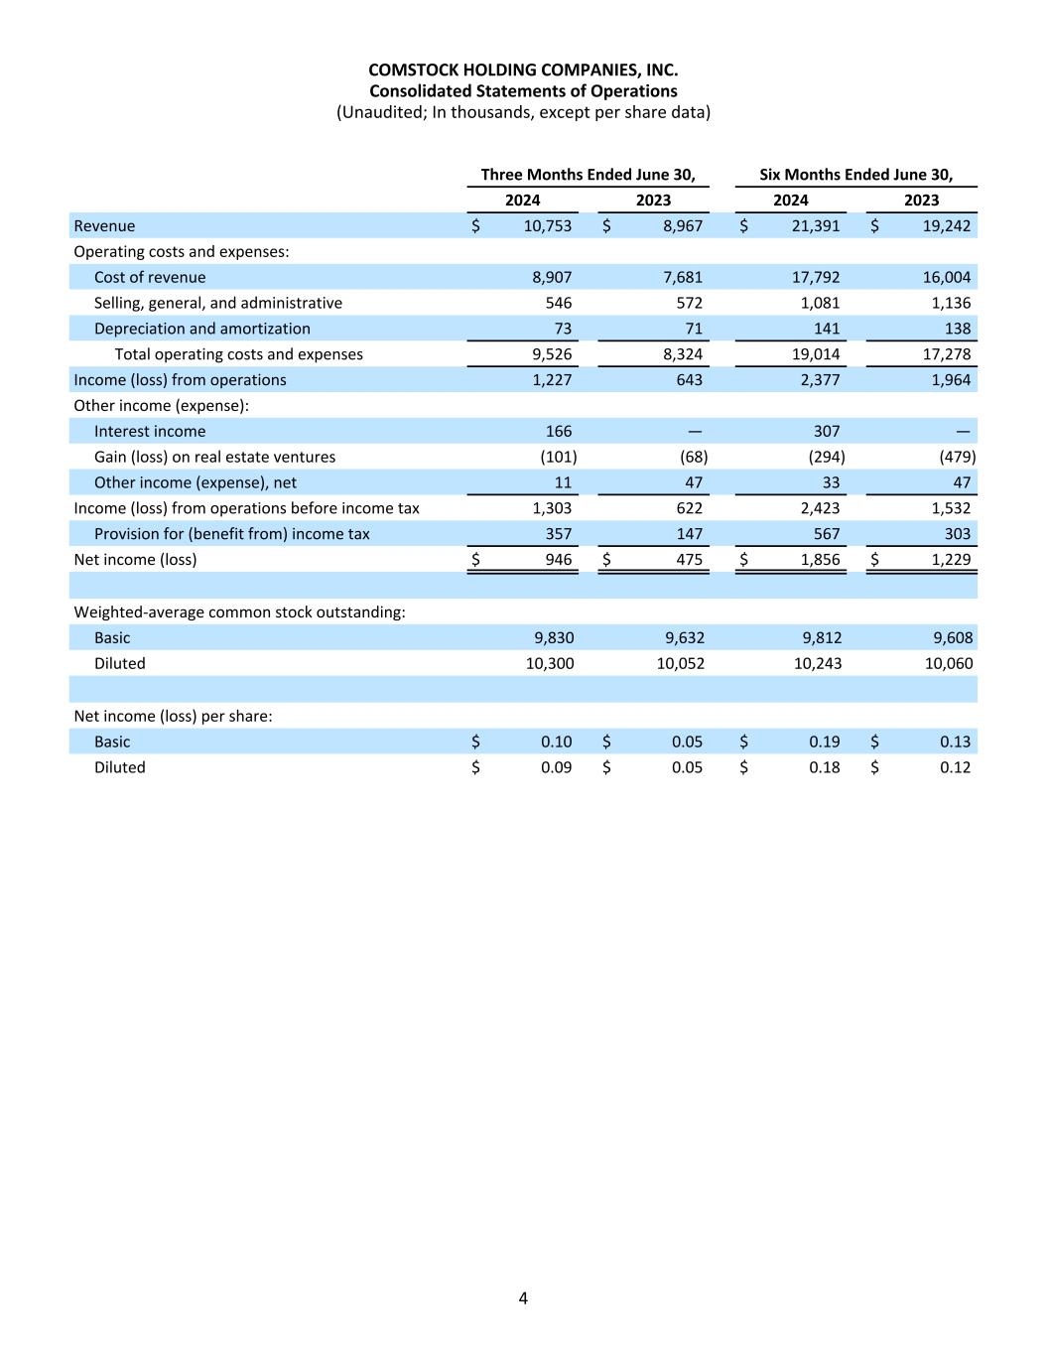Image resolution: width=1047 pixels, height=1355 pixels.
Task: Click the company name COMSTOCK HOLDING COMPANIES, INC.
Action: (523, 69)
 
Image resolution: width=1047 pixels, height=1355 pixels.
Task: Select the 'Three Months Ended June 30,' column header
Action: (588, 175)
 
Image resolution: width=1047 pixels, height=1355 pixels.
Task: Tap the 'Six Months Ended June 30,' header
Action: (855, 175)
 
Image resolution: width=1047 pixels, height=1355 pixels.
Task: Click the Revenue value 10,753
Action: (547, 226)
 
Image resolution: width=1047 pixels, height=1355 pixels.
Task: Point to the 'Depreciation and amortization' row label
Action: (201, 329)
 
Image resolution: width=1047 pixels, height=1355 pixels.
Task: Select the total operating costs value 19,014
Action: (815, 354)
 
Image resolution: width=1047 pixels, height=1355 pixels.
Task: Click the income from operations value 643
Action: (689, 380)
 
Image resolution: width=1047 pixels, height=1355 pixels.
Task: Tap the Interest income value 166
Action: (559, 432)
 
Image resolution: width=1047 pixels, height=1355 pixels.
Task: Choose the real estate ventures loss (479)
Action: (957, 458)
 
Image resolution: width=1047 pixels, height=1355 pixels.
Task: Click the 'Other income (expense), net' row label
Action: (195, 483)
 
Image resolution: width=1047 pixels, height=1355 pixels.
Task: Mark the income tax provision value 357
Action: (558, 534)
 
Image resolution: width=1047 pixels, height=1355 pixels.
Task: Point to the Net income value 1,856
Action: (820, 560)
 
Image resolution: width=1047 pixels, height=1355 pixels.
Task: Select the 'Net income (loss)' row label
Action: (135, 560)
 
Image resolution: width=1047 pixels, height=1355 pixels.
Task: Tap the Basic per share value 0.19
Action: (824, 743)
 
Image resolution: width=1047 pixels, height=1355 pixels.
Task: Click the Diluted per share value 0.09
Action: (556, 768)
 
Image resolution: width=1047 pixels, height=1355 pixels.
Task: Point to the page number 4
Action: (523, 1298)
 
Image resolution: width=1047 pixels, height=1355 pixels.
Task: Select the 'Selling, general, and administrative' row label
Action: (217, 304)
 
